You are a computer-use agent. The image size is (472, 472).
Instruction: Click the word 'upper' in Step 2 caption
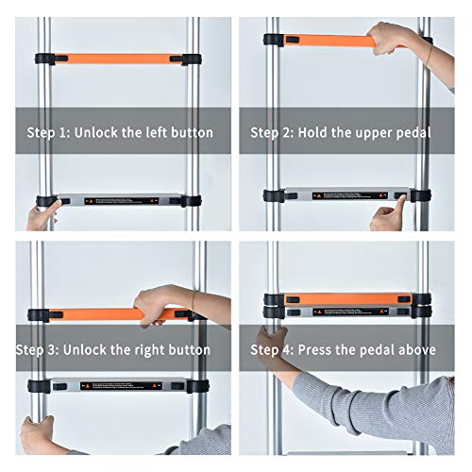[368, 132]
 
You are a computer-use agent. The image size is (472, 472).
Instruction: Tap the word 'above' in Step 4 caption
[413, 349]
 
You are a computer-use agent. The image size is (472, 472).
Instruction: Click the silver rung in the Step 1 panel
[118, 201]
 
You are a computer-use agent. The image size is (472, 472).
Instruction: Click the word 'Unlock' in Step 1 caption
[97, 132]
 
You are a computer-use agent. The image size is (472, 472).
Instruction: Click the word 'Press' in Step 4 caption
[318, 349]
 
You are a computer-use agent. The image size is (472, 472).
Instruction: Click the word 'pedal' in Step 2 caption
[412, 132]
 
